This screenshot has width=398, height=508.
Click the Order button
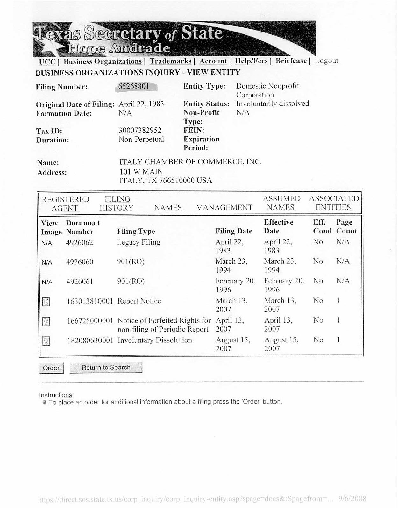coord(51,368)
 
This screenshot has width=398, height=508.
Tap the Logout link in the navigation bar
coord(326,61)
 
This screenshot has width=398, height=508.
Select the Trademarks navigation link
coord(170,61)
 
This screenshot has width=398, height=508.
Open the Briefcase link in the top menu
coord(291,61)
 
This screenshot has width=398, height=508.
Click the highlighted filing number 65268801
coord(134,86)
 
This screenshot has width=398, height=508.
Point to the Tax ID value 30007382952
coord(140,130)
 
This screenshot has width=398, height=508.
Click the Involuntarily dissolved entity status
coord(272,104)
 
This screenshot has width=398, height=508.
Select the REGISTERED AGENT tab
coord(65,204)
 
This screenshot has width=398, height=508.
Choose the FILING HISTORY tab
coord(117,204)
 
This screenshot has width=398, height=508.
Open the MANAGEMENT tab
coord(224,208)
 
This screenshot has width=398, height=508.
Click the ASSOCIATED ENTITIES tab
coord(334,203)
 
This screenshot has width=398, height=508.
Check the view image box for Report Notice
coord(46,301)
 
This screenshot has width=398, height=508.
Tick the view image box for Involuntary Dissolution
coord(46,341)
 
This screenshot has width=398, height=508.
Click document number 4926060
coord(80,262)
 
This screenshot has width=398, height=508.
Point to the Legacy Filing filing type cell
coord(139,242)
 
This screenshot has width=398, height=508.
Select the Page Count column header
coord(346,226)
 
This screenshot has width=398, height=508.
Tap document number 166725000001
coord(90,321)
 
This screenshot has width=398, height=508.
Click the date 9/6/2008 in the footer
coord(352,498)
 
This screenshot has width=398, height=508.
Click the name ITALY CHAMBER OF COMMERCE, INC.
coord(190,162)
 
